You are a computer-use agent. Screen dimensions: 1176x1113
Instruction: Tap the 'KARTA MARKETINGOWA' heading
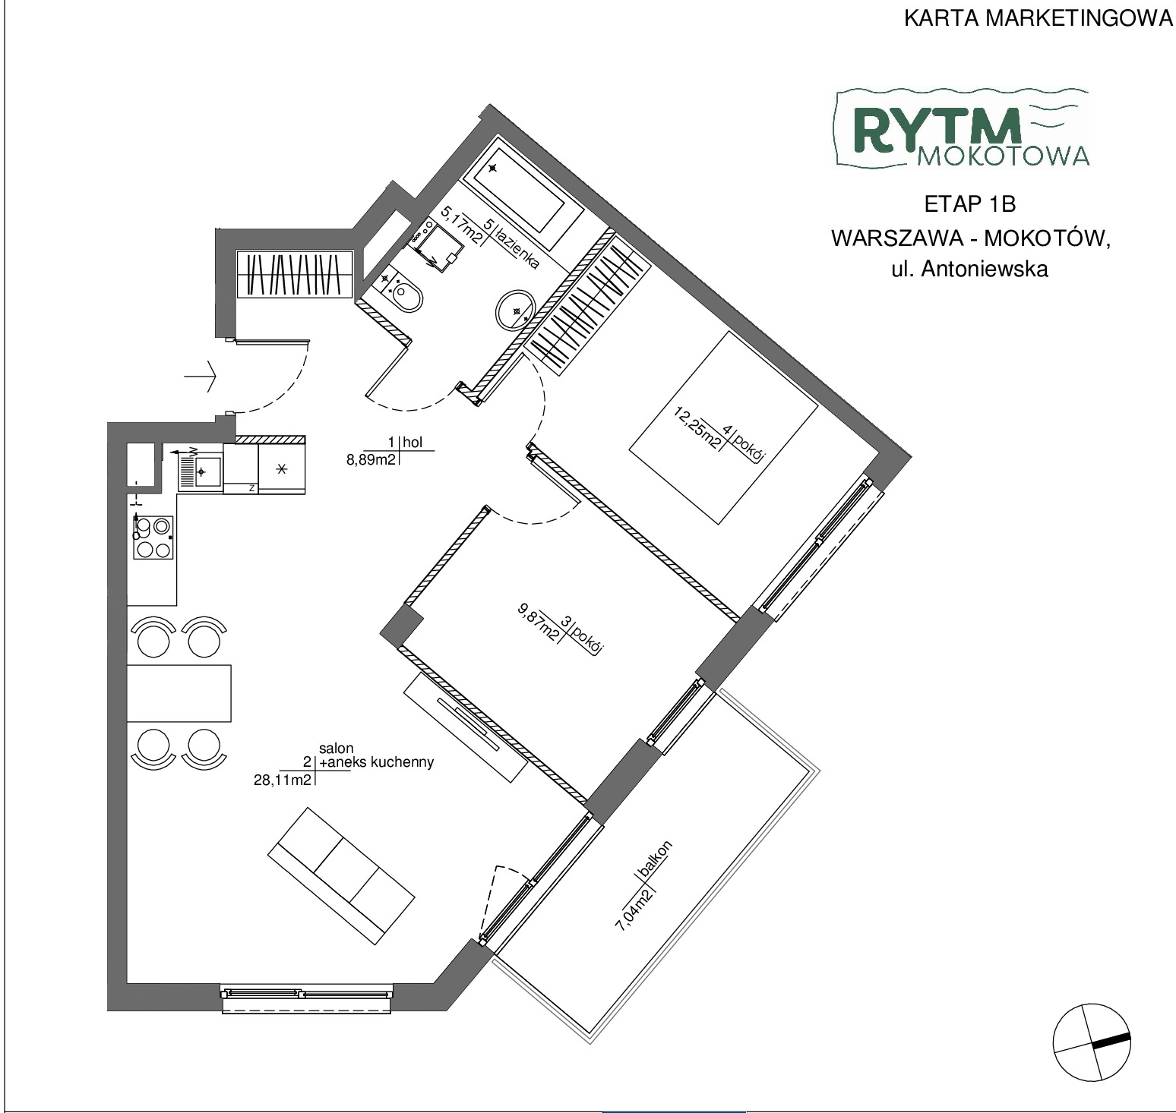(x=1038, y=19)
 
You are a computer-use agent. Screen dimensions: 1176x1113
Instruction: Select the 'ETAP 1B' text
(x=970, y=204)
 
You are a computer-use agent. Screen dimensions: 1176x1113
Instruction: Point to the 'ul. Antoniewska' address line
(x=969, y=269)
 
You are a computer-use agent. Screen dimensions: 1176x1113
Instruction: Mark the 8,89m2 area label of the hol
(x=371, y=459)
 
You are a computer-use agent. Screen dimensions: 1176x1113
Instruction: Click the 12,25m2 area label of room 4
(x=698, y=428)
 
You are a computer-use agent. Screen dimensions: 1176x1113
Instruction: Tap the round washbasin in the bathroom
(x=516, y=311)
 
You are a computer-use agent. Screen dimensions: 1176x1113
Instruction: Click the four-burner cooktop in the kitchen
(x=153, y=537)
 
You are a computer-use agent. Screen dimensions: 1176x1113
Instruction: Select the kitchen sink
(x=201, y=471)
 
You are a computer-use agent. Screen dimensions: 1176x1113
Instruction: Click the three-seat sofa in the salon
(x=342, y=875)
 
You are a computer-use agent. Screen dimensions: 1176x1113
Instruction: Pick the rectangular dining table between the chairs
(x=179, y=692)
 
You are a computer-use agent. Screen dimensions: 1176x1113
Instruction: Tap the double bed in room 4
(x=723, y=427)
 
